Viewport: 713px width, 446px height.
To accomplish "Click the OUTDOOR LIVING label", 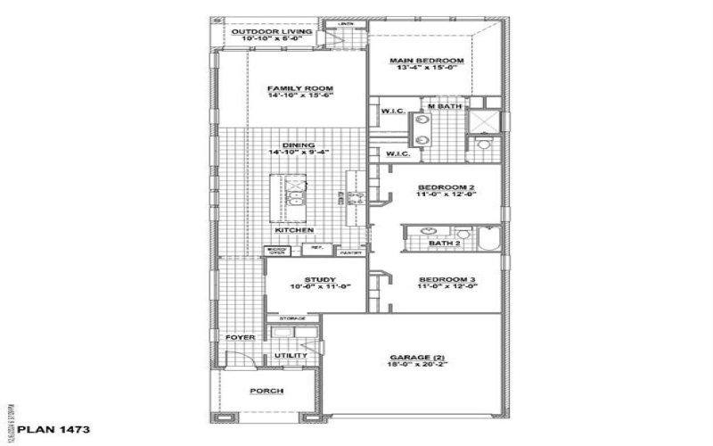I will pos(259,32).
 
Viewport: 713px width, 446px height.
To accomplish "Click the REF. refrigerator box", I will pos(316,248).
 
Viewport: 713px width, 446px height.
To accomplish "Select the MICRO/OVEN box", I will pos(276,252).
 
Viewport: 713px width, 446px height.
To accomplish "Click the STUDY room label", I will pos(318,279).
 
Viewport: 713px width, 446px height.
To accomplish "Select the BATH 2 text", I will pos(443,243).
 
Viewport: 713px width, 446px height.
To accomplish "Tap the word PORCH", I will pos(266,391).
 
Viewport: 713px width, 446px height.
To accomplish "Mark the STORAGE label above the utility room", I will pos(292,318).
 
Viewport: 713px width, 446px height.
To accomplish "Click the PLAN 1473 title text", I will pos(53,429).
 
